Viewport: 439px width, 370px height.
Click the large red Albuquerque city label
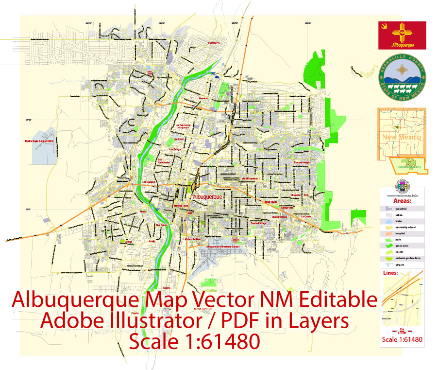[x=207, y=197]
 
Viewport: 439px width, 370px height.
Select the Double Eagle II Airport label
[x=38, y=141]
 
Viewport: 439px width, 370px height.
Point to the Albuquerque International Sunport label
[x=223, y=247]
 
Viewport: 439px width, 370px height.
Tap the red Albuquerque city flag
[x=402, y=35]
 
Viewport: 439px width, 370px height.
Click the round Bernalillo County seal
[x=402, y=78]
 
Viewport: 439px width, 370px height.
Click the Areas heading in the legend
[x=402, y=200]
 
